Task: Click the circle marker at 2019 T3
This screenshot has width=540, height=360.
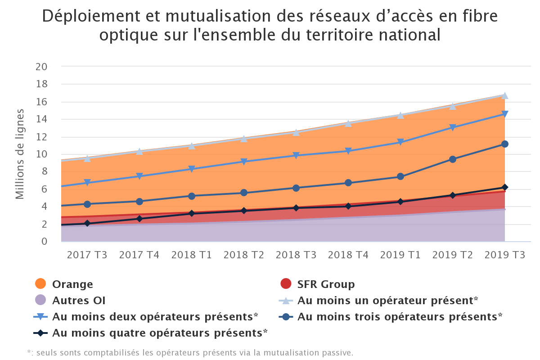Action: pyautogui.click(x=505, y=144)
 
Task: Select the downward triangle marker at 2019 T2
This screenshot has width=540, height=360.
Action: pyautogui.click(x=453, y=128)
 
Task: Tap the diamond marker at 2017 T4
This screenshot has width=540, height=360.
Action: pyautogui.click(x=139, y=219)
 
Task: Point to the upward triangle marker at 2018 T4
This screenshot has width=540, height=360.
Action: pyautogui.click(x=348, y=123)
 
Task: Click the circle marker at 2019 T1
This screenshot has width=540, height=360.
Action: pyautogui.click(x=400, y=177)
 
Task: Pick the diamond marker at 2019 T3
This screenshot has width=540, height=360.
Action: pyautogui.click(x=505, y=187)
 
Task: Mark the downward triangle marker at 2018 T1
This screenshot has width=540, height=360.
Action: pyautogui.click(x=192, y=169)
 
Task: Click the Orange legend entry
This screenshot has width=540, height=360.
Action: pyautogui.click(x=72, y=284)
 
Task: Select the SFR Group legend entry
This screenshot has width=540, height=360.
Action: pyautogui.click(x=326, y=284)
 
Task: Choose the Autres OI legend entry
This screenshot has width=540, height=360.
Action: pyautogui.click(x=79, y=301)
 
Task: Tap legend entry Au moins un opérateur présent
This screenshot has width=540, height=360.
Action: pyautogui.click(x=387, y=301)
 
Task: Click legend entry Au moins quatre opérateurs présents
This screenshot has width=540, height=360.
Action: pyautogui.click(x=160, y=333)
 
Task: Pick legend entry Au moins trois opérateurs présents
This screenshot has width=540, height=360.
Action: pyautogui.click(x=400, y=317)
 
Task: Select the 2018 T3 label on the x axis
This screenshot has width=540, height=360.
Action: pyautogui.click(x=296, y=255)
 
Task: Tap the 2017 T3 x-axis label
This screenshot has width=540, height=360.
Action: pyautogui.click(x=87, y=255)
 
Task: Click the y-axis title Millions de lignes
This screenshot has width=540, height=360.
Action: pyautogui.click(x=20, y=154)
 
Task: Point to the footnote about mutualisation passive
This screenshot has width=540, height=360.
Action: pyautogui.click(x=190, y=352)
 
